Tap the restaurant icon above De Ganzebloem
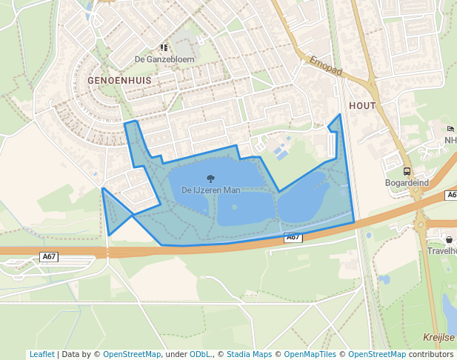pyautogui.click(x=164, y=47)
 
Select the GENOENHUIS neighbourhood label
pyautogui.click(x=119, y=79)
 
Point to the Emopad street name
pyautogui.click(x=326, y=66)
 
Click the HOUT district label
pyautogui.click(x=361, y=106)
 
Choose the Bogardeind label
pyautogui.click(x=407, y=182)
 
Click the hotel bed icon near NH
pyautogui.click(x=450, y=129)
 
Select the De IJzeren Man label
pyautogui.click(x=210, y=190)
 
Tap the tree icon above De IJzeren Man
pyautogui.click(x=210, y=178)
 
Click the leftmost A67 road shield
pyautogui.click(x=49, y=256)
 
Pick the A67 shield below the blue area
pyautogui.click(x=293, y=237)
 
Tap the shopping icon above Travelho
pyautogui.click(x=449, y=239)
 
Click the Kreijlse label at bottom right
pyautogui.click(x=438, y=336)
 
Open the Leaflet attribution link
pyautogui.click(x=41, y=354)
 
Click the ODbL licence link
pyautogui.click(x=200, y=354)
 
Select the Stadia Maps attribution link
pyautogui.click(x=249, y=354)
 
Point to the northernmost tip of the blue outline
pyautogui.click(x=340, y=114)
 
